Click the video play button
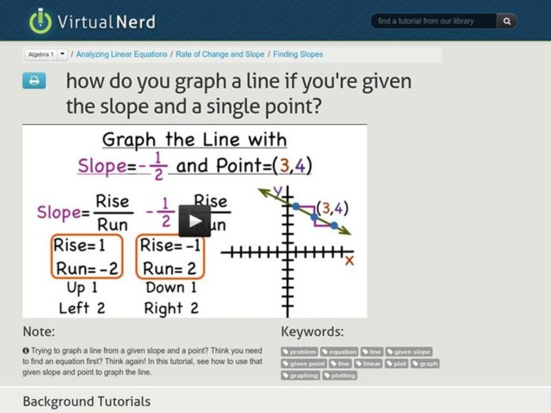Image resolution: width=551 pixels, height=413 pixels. coord(195,220)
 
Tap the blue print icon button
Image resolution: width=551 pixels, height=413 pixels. coord(34,81)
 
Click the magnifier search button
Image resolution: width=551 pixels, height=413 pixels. coord(506,21)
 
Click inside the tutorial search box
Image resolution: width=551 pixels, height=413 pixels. coord(434,21)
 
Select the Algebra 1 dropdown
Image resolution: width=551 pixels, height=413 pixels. coord(46,54)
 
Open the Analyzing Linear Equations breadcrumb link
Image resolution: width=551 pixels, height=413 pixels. coord(122,54)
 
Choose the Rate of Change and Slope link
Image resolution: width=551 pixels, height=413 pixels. coord(220,54)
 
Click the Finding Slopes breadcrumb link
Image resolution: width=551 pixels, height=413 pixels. coord(298,54)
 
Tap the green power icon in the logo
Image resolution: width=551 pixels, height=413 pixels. coord(41,21)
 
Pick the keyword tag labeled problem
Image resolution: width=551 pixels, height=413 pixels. coord(300,352)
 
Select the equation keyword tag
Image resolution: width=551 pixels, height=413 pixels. coord(340,352)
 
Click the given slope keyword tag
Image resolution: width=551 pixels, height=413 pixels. coord(409,352)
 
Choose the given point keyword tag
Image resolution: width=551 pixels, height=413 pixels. coord(304,363)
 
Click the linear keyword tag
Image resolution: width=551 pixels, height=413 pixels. coord(369,363)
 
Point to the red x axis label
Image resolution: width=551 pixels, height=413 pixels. coord(349,260)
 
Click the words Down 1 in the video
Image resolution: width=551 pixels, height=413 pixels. coord(171,288)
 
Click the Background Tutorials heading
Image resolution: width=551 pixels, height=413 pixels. coord(86,401)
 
